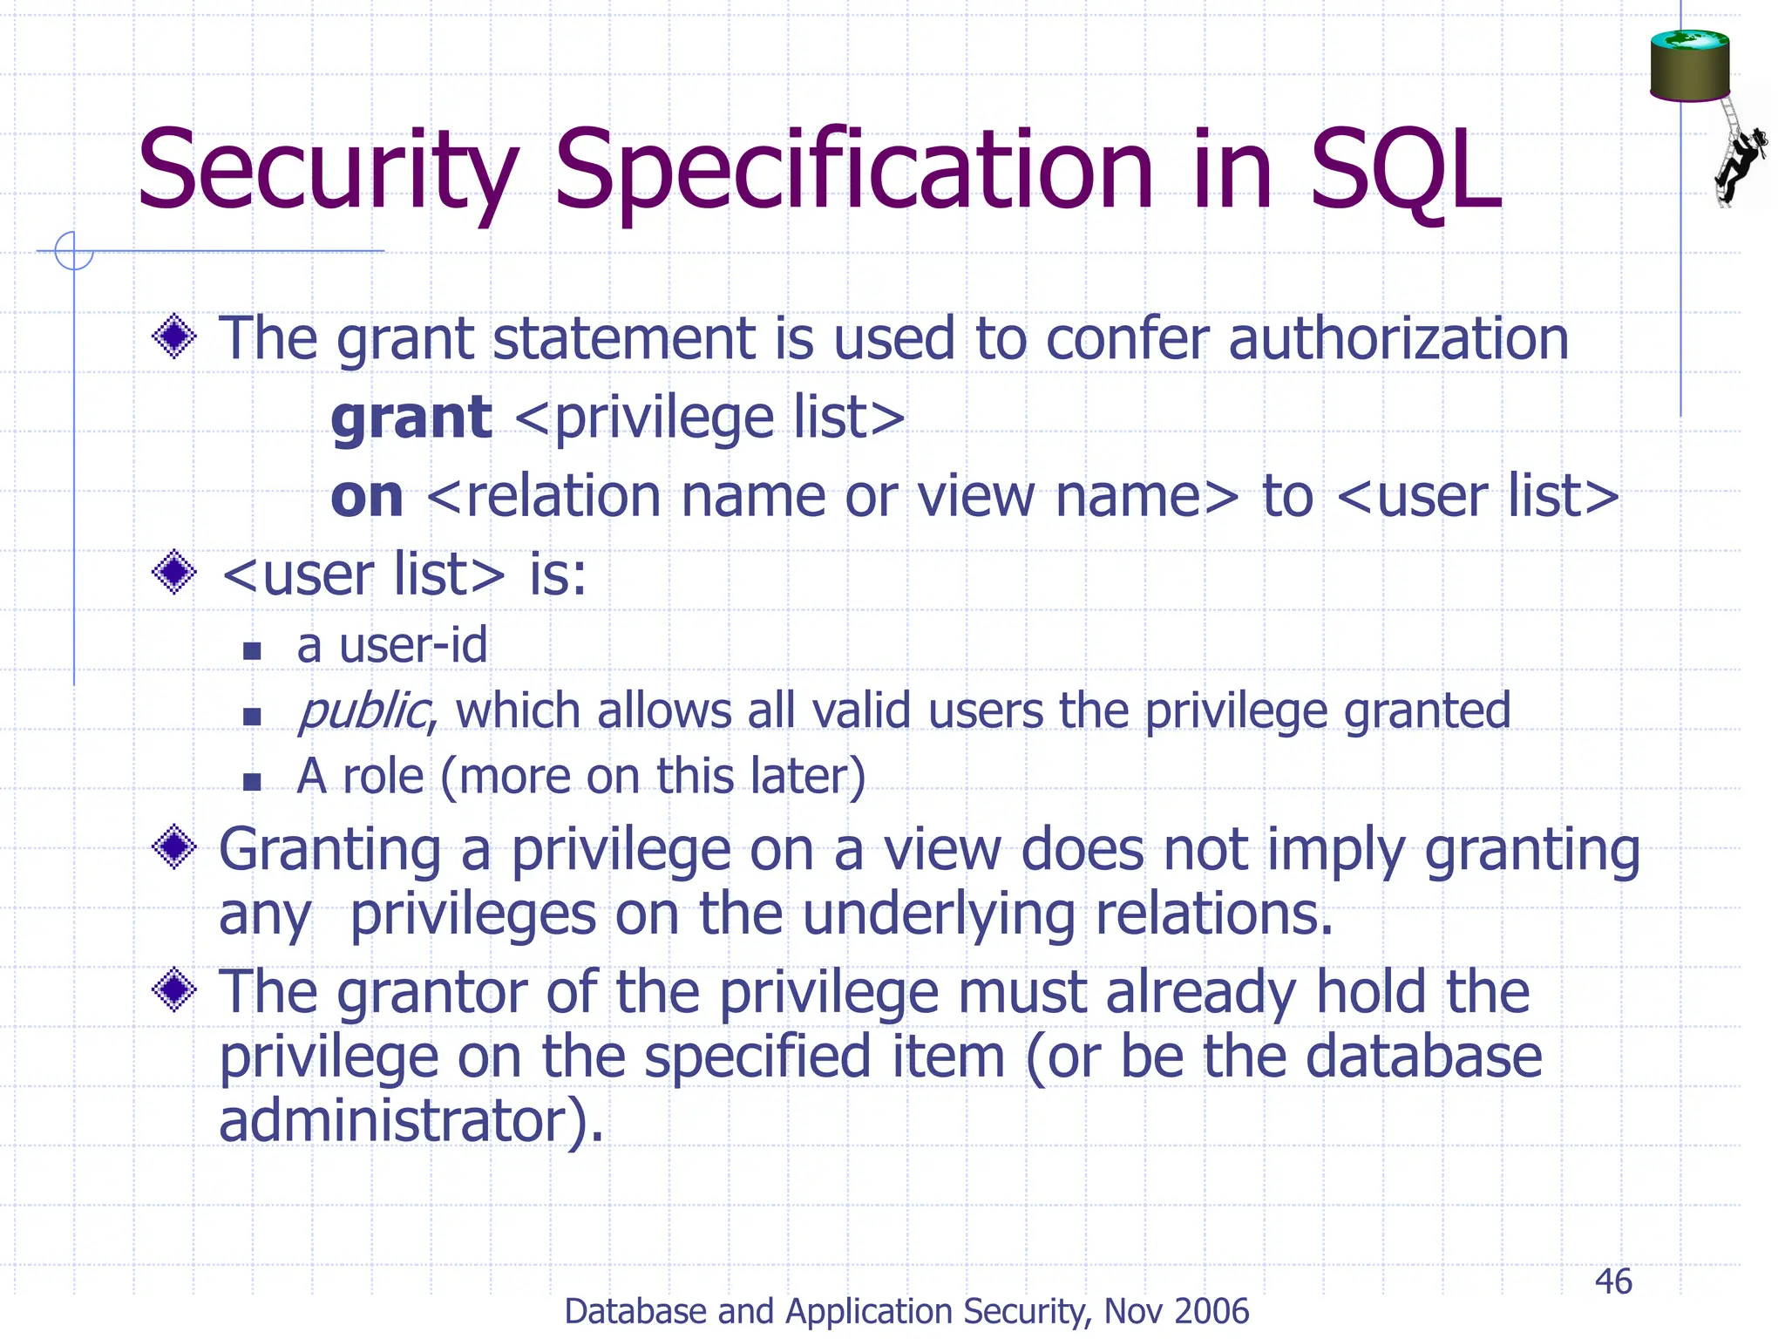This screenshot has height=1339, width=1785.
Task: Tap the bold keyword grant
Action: pyautogui.click(x=411, y=418)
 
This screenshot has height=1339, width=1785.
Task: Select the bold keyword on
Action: pyautogui.click(x=367, y=497)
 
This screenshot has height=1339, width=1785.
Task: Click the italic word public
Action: pyautogui.click(x=362, y=711)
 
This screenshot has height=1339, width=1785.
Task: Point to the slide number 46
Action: pyautogui.click(x=1612, y=1281)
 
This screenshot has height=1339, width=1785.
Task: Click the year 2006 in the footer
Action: pyautogui.click(x=1212, y=1311)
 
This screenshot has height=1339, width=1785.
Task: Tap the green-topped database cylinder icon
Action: pyautogui.click(x=1689, y=66)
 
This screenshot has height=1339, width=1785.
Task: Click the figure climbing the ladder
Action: pyautogui.click(x=1740, y=161)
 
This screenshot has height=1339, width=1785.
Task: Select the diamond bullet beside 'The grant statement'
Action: pyautogui.click(x=174, y=336)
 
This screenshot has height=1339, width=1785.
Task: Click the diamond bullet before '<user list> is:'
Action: pyautogui.click(x=174, y=573)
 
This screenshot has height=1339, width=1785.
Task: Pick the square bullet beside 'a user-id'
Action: pyautogui.click(x=252, y=650)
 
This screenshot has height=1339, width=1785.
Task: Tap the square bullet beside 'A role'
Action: pyautogui.click(x=252, y=781)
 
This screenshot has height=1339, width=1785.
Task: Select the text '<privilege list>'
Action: pyautogui.click(x=709, y=418)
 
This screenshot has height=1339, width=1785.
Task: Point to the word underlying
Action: pyautogui.click(x=938, y=915)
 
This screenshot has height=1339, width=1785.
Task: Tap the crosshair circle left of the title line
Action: pyautogui.click(x=73, y=251)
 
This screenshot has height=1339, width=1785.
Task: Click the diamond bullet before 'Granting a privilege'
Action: pyautogui.click(x=174, y=847)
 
